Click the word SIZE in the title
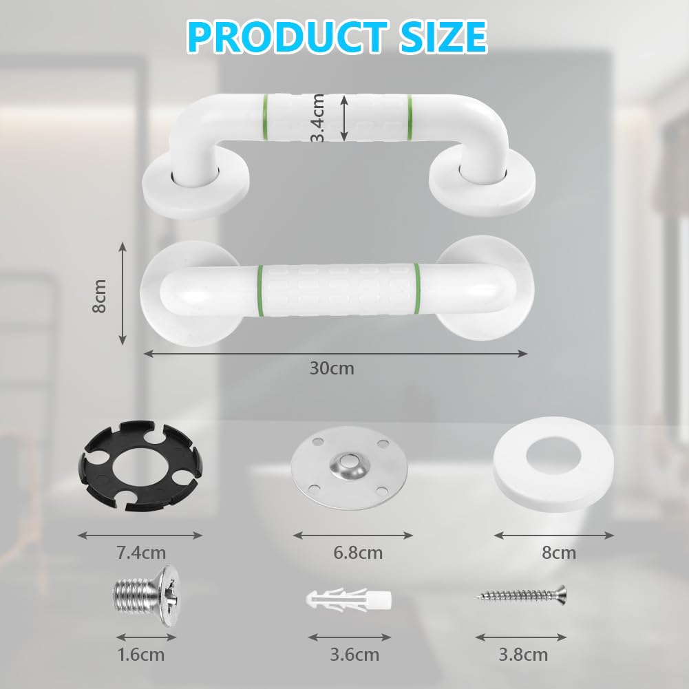[x=443, y=37]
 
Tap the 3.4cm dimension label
[x=318, y=118]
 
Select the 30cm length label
[x=332, y=368]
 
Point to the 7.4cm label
[x=141, y=552]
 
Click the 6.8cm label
[x=358, y=552]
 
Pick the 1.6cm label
[x=141, y=655]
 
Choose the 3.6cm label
[x=354, y=655]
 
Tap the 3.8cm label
[x=523, y=655]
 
